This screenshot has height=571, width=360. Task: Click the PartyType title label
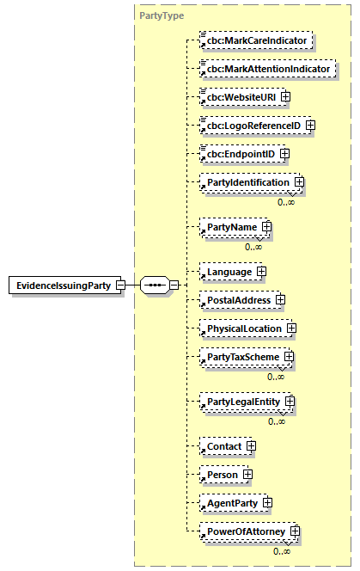[x=161, y=15]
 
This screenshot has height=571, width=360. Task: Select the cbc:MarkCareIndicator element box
[x=255, y=40]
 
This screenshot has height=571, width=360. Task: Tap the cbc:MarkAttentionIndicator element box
[x=266, y=68]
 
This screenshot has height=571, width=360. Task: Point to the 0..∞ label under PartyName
[x=253, y=247]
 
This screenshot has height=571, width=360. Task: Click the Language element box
[x=229, y=272]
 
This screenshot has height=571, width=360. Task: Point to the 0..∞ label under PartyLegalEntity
[x=277, y=421]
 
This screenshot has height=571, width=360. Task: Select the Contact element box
[x=223, y=446]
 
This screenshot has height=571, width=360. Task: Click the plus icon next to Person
[x=247, y=475]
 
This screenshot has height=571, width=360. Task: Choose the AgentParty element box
[x=231, y=502]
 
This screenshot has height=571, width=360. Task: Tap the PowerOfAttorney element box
[x=244, y=531]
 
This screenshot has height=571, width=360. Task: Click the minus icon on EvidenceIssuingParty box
[x=120, y=285]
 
